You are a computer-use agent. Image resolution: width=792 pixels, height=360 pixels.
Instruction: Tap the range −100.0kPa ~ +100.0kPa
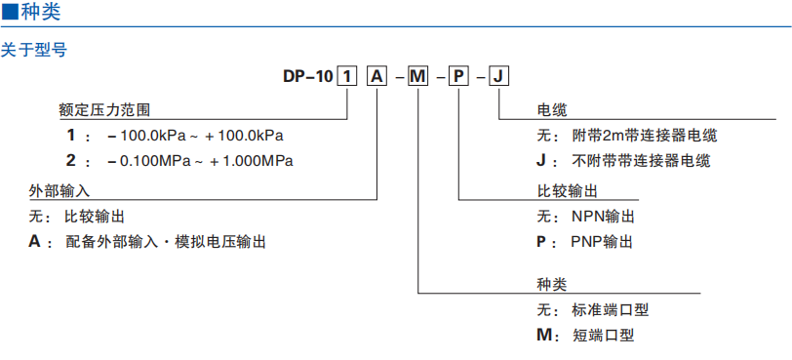tap(195, 135)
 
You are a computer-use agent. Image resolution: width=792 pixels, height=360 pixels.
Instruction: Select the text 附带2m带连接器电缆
tap(651, 136)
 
